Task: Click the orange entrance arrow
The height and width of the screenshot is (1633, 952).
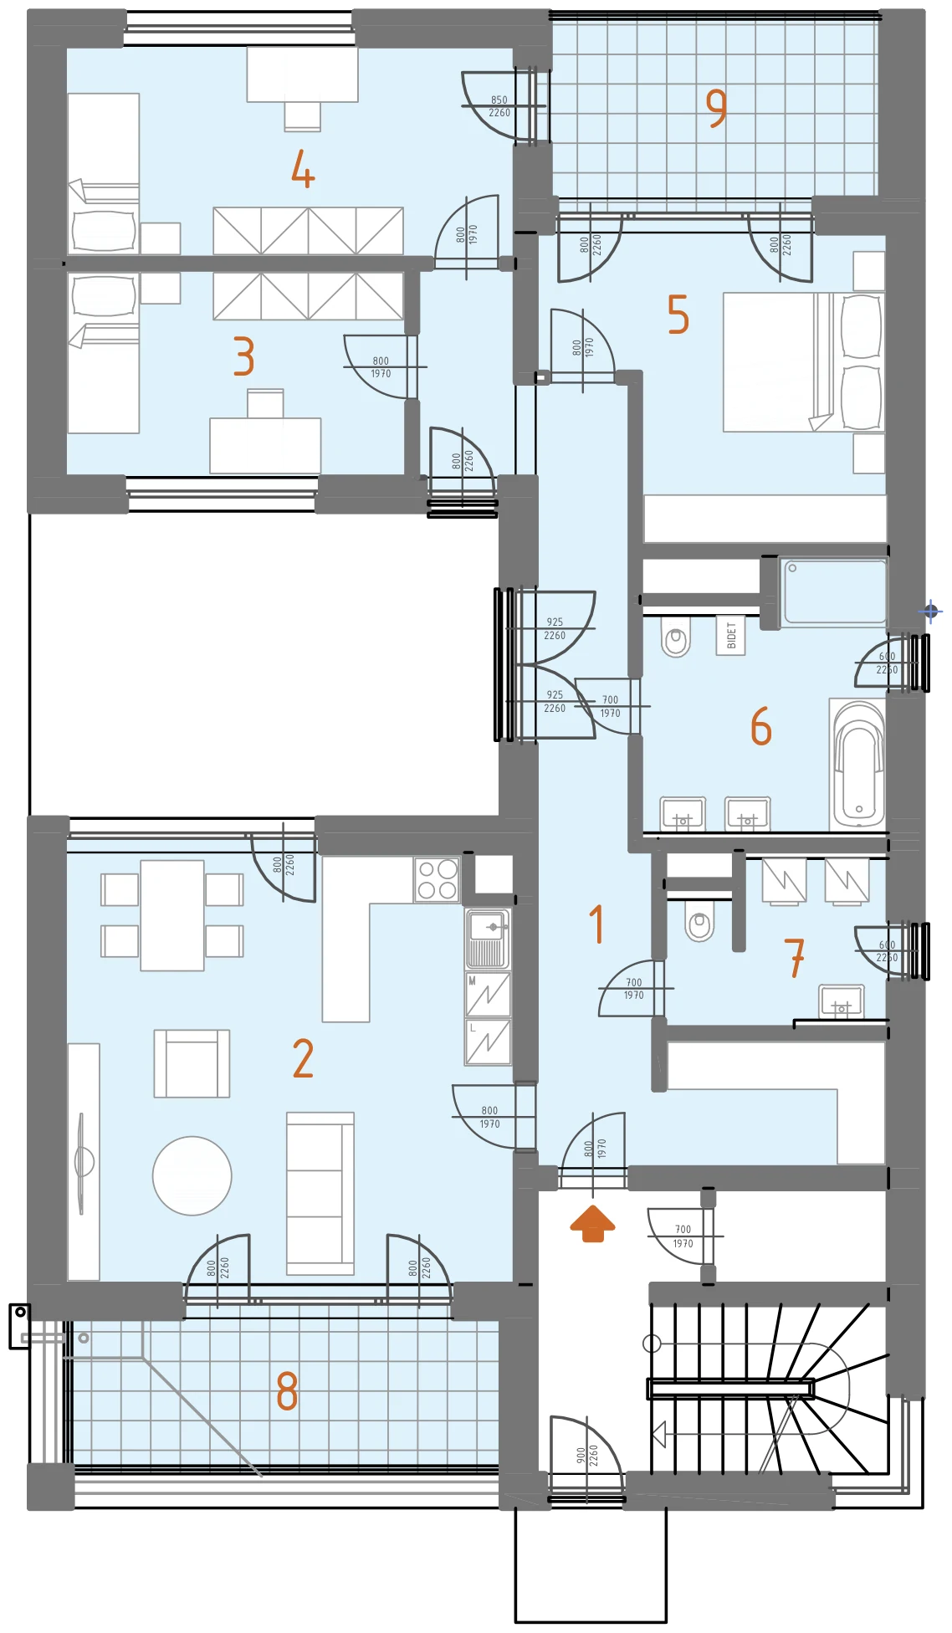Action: click(x=592, y=1223)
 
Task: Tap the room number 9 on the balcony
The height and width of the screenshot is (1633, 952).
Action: click(x=716, y=108)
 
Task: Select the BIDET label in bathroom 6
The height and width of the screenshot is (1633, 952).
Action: click(x=731, y=635)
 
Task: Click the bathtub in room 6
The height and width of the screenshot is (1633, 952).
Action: click(x=857, y=763)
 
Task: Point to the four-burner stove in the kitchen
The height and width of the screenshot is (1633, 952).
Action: click(x=437, y=878)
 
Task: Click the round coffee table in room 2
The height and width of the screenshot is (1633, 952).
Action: click(x=192, y=1175)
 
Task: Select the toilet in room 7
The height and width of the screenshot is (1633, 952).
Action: click(x=699, y=920)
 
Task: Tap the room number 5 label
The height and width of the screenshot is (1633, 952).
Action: click(x=678, y=315)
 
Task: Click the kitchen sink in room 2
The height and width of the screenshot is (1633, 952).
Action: click(x=488, y=939)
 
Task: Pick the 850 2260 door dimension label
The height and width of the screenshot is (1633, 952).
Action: click(x=499, y=106)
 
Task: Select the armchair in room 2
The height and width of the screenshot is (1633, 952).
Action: click(x=192, y=1063)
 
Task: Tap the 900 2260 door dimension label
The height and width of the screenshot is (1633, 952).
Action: click(x=587, y=1455)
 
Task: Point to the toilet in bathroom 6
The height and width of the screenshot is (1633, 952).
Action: click(x=676, y=637)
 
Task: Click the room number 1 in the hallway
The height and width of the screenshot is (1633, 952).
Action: click(x=596, y=924)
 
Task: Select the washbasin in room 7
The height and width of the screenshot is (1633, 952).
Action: click(x=842, y=1001)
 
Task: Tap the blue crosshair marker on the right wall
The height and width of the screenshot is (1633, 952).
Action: click(x=931, y=612)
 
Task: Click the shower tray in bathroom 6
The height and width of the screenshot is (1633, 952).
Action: click(x=834, y=592)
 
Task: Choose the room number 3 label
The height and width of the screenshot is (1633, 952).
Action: click(x=243, y=356)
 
